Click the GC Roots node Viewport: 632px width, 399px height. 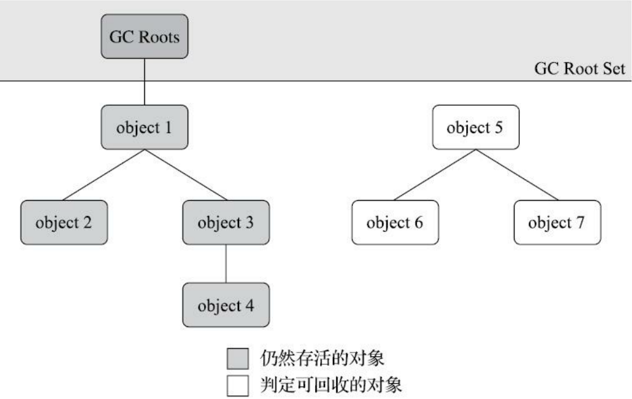tap(145, 36)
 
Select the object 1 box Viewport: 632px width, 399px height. tap(145, 127)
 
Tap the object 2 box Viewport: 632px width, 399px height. tap(64, 222)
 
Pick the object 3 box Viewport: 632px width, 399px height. tap(226, 222)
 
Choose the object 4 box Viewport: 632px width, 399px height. tap(226, 305)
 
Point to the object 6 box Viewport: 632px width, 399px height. tap(395, 222)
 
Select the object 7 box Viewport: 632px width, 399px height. tap(557, 222)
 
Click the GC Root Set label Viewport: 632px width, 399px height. tap(579, 69)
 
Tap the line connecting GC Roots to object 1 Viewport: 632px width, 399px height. tap(145, 81)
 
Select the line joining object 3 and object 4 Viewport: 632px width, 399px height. tap(226, 264)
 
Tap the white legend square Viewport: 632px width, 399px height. tap(237, 386)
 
